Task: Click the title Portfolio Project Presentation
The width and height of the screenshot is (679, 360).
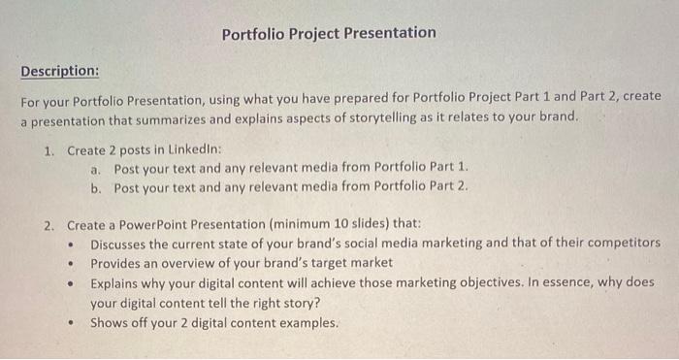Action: click(329, 33)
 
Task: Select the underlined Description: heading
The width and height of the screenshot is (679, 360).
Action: click(60, 72)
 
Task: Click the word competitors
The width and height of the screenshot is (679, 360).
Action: click(621, 243)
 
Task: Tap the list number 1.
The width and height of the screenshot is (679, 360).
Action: click(48, 150)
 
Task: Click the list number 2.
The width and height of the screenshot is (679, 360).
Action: click(48, 223)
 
